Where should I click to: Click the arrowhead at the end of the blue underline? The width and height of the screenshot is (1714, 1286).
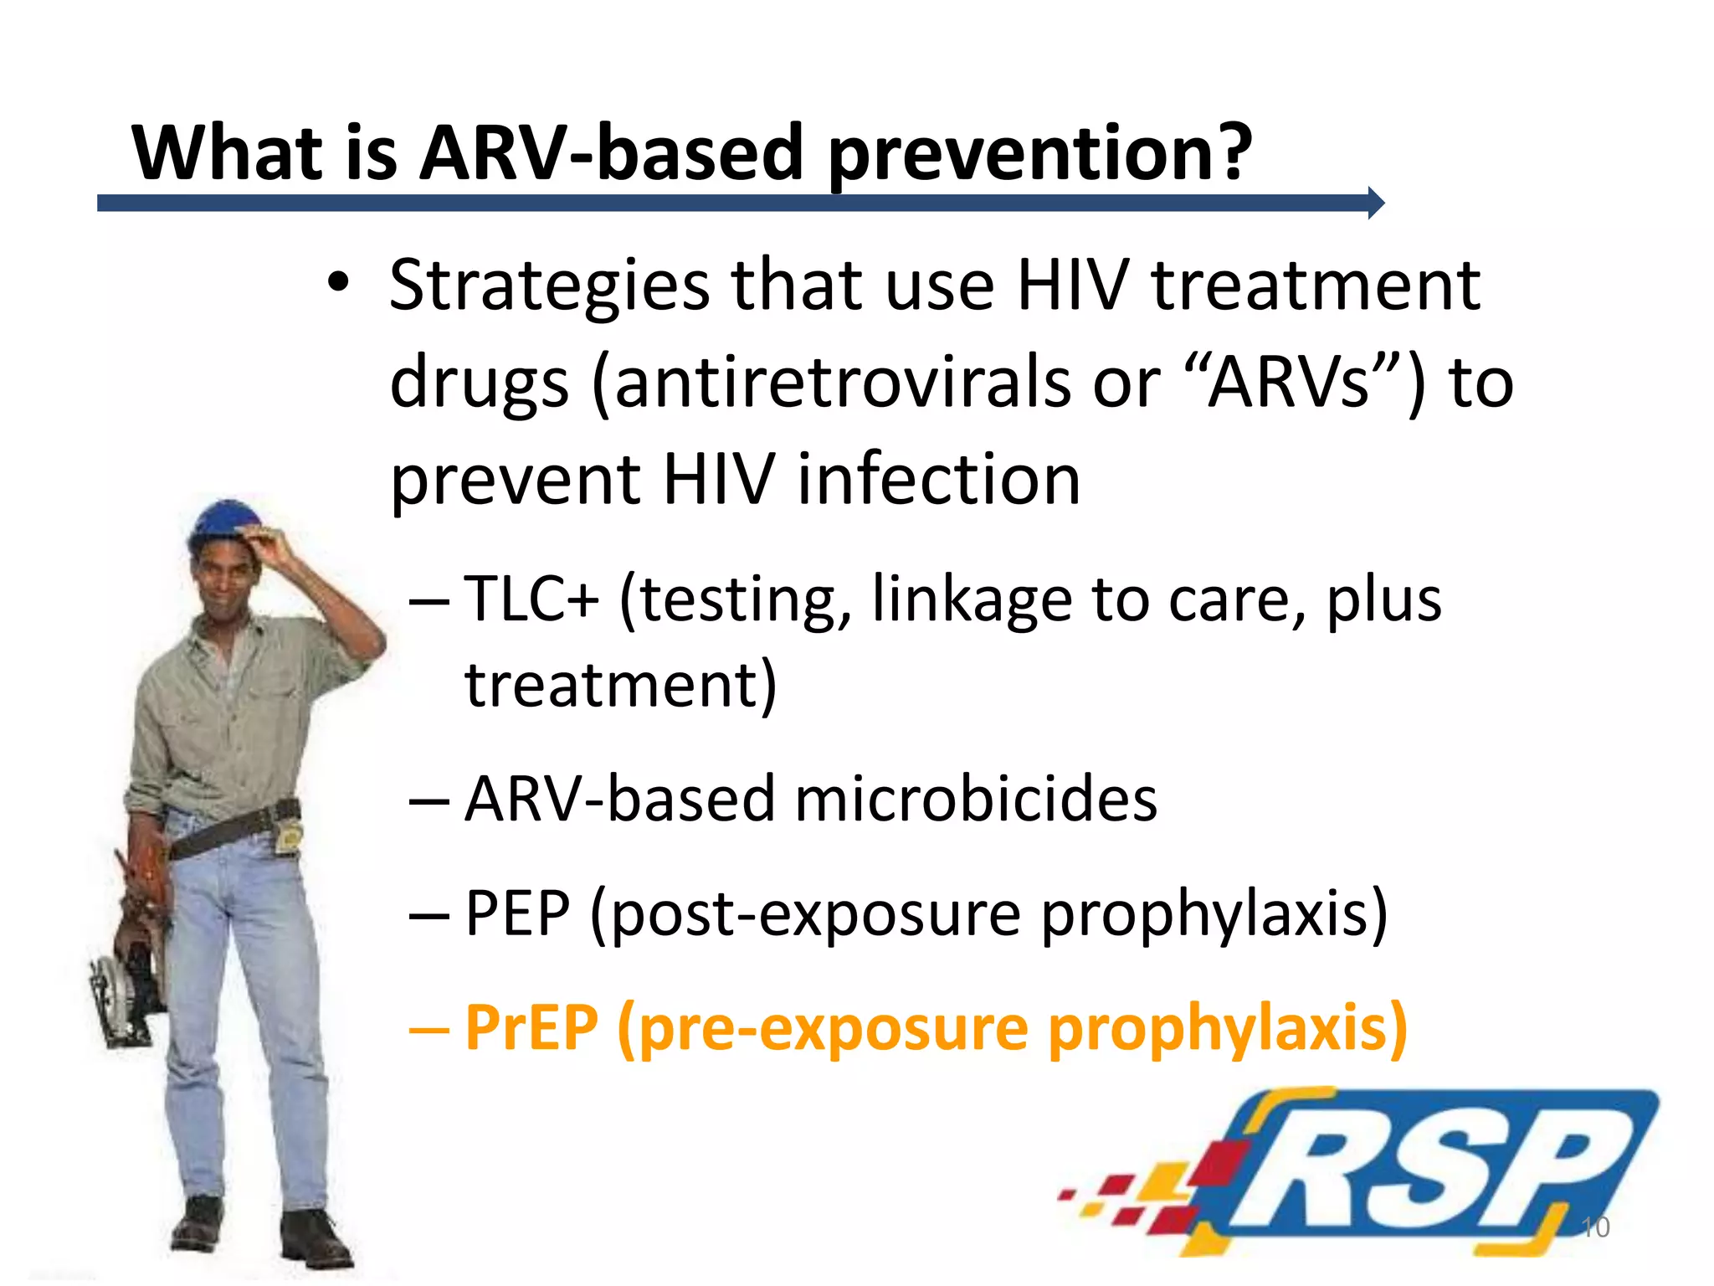1376,203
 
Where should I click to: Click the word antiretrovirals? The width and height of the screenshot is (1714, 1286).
841,382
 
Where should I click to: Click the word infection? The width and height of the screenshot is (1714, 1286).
938,479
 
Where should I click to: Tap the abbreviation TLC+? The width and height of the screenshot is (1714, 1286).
531,599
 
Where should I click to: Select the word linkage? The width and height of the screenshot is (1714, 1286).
972,599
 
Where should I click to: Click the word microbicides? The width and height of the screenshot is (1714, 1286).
976,799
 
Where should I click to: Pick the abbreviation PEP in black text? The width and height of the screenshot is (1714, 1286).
516,913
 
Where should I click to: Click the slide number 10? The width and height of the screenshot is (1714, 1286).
1595,1227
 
